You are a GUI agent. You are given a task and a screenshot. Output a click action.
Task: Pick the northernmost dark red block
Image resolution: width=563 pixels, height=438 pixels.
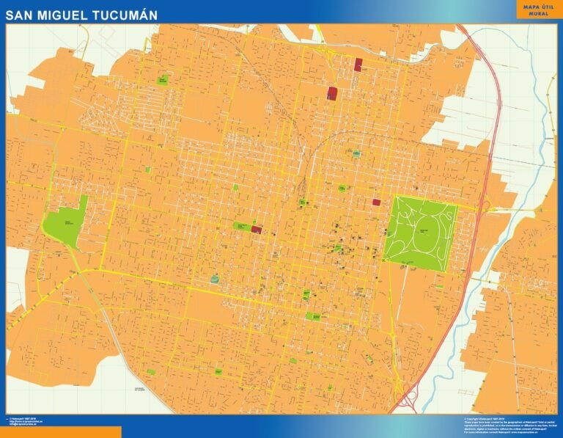(358, 64)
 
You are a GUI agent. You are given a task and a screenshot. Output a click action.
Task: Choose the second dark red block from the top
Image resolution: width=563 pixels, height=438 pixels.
(332, 93)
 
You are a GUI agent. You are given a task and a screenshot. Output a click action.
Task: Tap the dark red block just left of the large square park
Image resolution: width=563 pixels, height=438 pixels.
(376, 202)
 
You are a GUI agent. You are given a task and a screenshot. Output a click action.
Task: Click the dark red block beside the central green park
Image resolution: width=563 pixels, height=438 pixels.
(257, 229)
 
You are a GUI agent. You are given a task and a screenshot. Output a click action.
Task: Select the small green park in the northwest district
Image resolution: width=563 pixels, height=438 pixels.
(162, 79)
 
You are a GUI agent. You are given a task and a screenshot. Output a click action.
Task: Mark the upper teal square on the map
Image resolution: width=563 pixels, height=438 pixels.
(356, 153)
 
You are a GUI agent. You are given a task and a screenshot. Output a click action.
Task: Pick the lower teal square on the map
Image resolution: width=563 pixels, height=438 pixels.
(214, 279)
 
